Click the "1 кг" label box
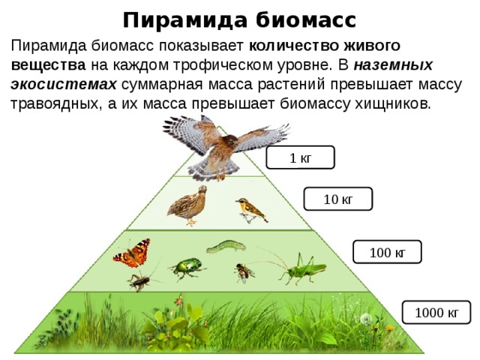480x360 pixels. point(300,157)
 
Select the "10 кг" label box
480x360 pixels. point(338,199)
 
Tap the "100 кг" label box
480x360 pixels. point(387,252)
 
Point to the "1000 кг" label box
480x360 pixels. point(436,312)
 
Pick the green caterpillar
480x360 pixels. point(226,247)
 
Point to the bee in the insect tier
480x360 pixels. point(244,272)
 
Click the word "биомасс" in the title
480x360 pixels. point(306,20)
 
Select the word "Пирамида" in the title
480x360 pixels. point(185,21)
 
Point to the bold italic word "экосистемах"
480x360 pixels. point(64,84)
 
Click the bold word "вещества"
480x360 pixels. point(48,65)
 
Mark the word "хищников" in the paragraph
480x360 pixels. point(393,104)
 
